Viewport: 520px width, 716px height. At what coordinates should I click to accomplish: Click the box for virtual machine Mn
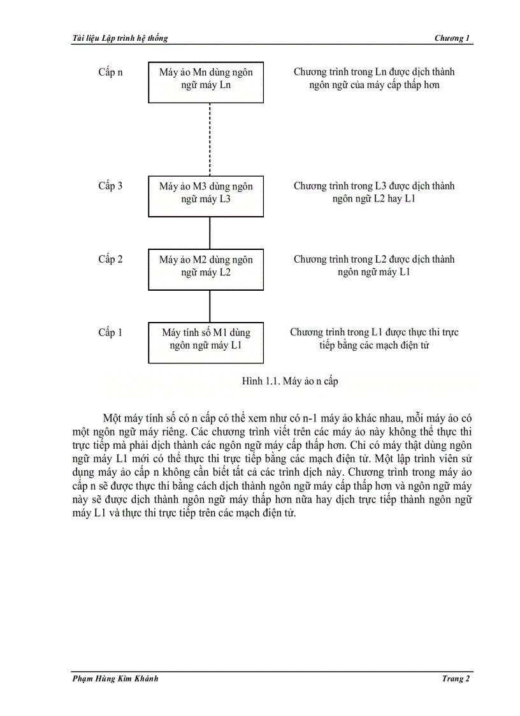point(206,82)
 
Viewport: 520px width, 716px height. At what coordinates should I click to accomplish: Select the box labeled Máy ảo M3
point(206,196)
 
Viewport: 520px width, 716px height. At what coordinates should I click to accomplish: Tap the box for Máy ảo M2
point(206,269)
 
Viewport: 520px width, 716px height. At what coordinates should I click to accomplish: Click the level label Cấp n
point(110,72)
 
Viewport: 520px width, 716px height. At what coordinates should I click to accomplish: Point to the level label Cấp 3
point(110,186)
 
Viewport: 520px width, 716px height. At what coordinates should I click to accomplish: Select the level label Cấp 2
point(110,259)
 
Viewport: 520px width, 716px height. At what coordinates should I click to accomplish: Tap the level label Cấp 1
point(110,332)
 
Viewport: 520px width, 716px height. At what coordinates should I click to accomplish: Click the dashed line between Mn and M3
point(209,139)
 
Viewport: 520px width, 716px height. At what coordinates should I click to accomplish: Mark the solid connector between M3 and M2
point(209,233)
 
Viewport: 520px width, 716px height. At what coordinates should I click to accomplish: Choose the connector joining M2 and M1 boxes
point(209,306)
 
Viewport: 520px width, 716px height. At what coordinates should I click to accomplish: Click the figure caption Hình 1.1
point(290,381)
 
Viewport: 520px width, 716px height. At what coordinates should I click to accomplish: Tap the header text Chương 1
point(452,38)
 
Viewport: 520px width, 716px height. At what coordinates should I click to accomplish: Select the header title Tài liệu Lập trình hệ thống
point(120,38)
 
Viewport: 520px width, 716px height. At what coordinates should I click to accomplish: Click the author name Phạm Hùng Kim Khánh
point(115,678)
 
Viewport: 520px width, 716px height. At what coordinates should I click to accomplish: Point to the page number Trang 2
point(456,678)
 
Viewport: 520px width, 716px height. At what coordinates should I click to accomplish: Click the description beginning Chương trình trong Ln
point(374,78)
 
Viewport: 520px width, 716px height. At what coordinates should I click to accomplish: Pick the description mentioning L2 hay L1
point(374,193)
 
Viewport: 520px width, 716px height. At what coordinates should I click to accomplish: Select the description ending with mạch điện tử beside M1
point(374,339)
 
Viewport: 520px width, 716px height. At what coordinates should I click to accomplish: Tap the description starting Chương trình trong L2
point(374,266)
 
